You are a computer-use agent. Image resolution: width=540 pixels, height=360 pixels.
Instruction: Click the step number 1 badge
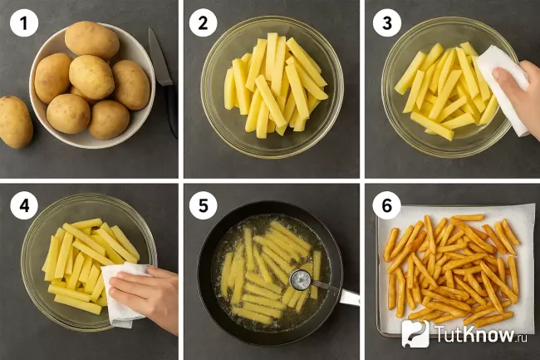pyautogui.click(x=24, y=23)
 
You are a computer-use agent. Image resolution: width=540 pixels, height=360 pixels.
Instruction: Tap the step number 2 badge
pyautogui.click(x=203, y=23)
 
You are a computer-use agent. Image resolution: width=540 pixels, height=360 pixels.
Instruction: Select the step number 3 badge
pyautogui.click(x=387, y=23)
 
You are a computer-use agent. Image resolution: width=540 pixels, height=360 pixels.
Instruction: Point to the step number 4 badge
pyautogui.click(x=24, y=205)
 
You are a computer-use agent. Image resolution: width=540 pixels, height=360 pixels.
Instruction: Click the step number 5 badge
pyautogui.click(x=203, y=205)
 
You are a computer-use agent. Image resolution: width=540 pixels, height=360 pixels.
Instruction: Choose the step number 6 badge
pyautogui.click(x=387, y=205)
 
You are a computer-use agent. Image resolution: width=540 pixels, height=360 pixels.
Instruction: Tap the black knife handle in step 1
pyautogui.click(x=171, y=111)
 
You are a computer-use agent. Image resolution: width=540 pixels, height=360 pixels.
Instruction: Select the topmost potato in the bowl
pyautogui.click(x=91, y=40)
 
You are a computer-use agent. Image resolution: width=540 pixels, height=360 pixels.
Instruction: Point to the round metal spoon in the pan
pyautogui.click(x=300, y=279)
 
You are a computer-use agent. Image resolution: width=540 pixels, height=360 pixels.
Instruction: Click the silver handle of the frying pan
pyautogui.click(x=349, y=297)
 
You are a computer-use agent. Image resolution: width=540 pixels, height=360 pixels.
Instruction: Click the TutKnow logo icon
pyautogui.click(x=415, y=333)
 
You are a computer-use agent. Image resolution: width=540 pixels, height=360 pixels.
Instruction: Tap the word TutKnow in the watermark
pyautogui.click(x=474, y=334)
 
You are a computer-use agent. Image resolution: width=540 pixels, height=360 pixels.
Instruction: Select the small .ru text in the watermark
pyautogui.click(x=522, y=338)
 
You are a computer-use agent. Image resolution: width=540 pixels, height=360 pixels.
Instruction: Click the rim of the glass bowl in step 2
pyautogui.click(x=272, y=17)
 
